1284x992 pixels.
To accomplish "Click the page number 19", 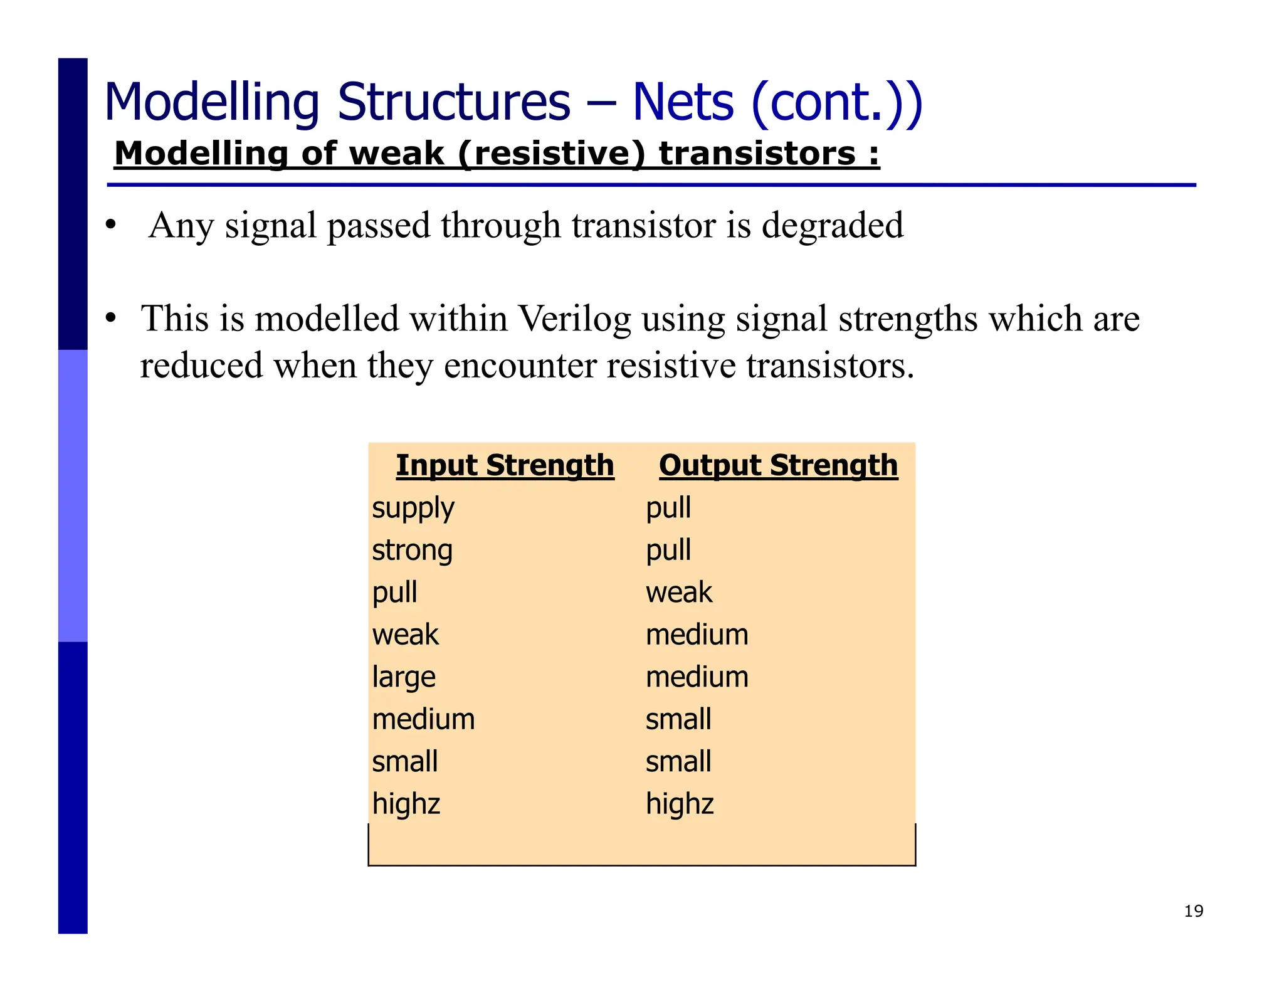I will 1193,911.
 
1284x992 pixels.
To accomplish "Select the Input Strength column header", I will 505,466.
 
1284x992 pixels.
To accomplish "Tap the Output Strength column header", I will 778,466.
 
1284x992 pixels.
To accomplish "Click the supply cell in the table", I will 413,509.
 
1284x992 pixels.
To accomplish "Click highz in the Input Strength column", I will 406,805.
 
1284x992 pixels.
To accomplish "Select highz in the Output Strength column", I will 680,805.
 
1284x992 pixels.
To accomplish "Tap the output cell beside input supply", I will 668,509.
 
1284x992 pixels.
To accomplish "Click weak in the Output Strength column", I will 679,593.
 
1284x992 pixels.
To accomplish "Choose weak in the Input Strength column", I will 405,635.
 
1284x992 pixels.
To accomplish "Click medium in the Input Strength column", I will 423,720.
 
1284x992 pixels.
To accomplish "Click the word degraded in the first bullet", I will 833,226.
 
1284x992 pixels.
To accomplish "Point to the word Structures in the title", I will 454,102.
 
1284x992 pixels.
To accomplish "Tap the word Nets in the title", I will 683,102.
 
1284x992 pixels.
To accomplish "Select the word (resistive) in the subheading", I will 551,154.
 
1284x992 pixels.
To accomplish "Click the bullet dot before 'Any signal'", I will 111,224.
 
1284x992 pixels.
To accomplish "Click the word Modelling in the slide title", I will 212,102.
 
